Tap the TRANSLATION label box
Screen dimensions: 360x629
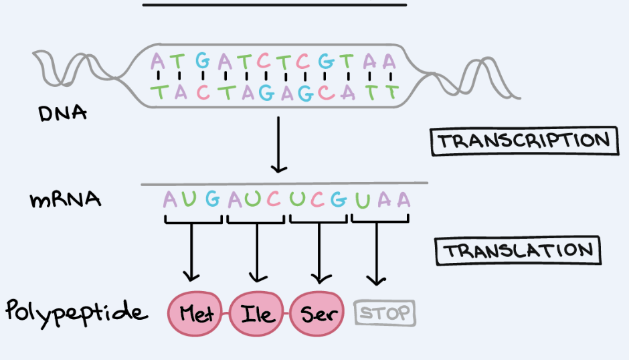click(x=518, y=251)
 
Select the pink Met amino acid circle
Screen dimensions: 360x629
click(x=197, y=313)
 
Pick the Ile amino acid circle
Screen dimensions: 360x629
click(x=258, y=313)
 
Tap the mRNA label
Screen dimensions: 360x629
click(x=65, y=199)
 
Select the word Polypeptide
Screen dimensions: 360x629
click(x=75, y=312)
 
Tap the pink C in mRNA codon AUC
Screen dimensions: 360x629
click(x=273, y=199)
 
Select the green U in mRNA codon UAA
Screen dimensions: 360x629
click(x=362, y=199)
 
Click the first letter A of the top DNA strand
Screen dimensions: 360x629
click(x=157, y=62)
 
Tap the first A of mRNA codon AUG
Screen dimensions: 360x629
click(x=171, y=199)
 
